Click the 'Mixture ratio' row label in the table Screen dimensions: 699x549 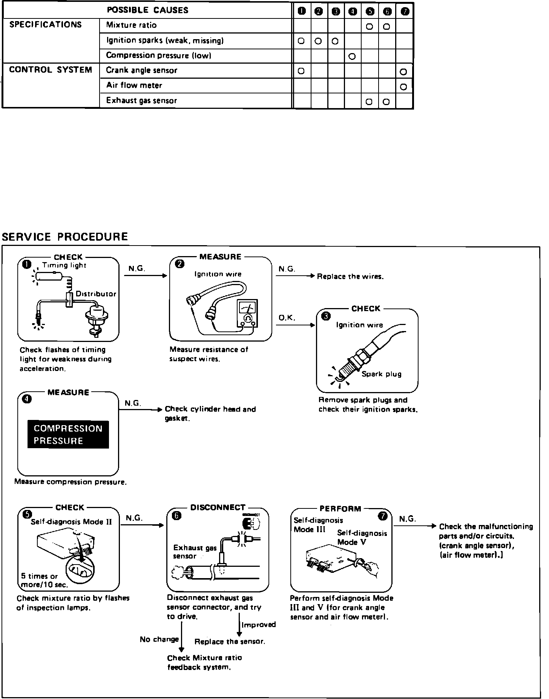click(x=131, y=26)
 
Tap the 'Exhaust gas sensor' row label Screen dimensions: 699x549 click(x=141, y=101)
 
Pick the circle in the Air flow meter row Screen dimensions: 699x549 click(x=403, y=87)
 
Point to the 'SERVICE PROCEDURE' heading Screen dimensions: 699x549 click(x=65, y=237)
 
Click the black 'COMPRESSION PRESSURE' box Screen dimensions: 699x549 click(x=68, y=435)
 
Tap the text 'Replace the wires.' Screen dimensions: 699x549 click(x=350, y=276)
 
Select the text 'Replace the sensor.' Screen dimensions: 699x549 click(x=230, y=641)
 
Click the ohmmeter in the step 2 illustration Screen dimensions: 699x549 click(x=247, y=313)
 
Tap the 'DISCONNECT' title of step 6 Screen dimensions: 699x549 click(x=218, y=508)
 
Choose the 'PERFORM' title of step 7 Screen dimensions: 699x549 click(x=340, y=509)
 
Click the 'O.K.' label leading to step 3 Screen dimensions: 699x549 click(x=287, y=318)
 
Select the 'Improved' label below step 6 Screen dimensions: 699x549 click(x=259, y=625)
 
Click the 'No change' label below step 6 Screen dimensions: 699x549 click(x=159, y=639)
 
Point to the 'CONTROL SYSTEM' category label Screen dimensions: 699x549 click(x=51, y=70)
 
